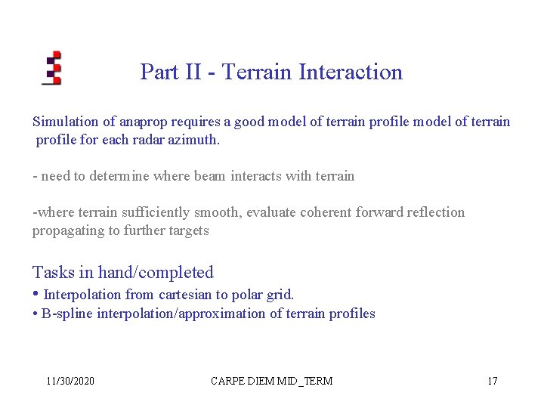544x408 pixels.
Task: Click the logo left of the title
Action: [x=51, y=68]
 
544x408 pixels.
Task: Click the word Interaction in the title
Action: [x=351, y=73]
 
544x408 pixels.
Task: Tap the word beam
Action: [x=214, y=176]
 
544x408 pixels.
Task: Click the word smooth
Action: [x=219, y=212]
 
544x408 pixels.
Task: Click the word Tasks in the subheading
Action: [x=52, y=273]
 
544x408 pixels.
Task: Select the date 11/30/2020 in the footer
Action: [x=70, y=381]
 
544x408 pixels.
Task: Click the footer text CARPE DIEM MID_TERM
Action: [x=271, y=381]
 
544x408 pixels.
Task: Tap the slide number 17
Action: [x=492, y=381]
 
